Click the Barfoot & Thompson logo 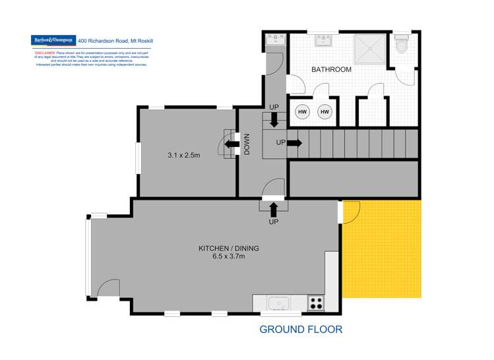point(53,40)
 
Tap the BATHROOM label point(331,69)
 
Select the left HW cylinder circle point(302,112)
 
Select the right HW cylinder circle point(324,112)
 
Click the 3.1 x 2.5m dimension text point(183,156)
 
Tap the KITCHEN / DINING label point(229,249)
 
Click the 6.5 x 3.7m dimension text point(229,257)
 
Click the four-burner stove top point(317,303)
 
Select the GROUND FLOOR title point(301,329)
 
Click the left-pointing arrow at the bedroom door point(230,144)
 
